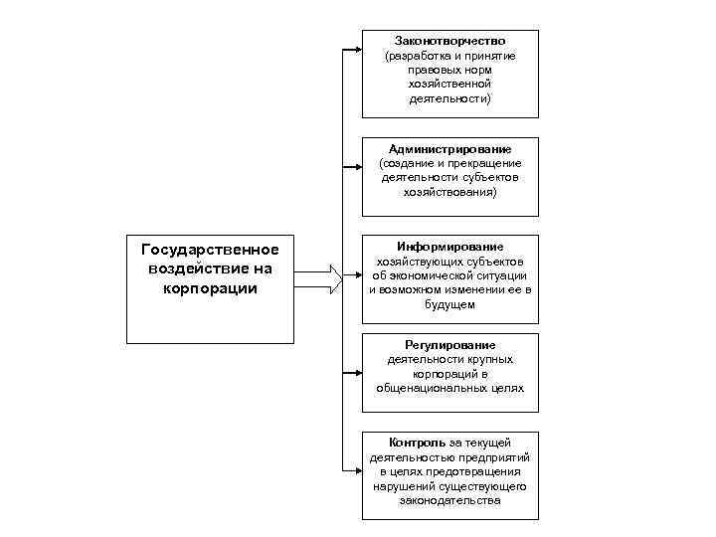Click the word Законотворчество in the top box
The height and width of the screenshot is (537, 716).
point(449,41)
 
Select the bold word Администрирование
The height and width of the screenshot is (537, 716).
point(449,148)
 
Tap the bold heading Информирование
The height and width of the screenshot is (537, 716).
point(449,246)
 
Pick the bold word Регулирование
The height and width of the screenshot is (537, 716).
point(449,344)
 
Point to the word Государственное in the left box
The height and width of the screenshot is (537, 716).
point(210,249)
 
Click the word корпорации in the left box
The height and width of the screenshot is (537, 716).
point(210,288)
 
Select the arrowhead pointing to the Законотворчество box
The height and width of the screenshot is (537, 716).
point(355,47)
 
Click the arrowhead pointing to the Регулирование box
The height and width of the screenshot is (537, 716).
point(355,373)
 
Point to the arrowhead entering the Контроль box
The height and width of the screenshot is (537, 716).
point(355,469)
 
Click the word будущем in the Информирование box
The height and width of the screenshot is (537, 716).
point(449,305)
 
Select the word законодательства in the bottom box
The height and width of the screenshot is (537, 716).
point(449,501)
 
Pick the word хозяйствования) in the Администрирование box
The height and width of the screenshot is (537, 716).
point(449,193)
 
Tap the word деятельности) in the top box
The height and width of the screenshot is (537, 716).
point(449,99)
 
